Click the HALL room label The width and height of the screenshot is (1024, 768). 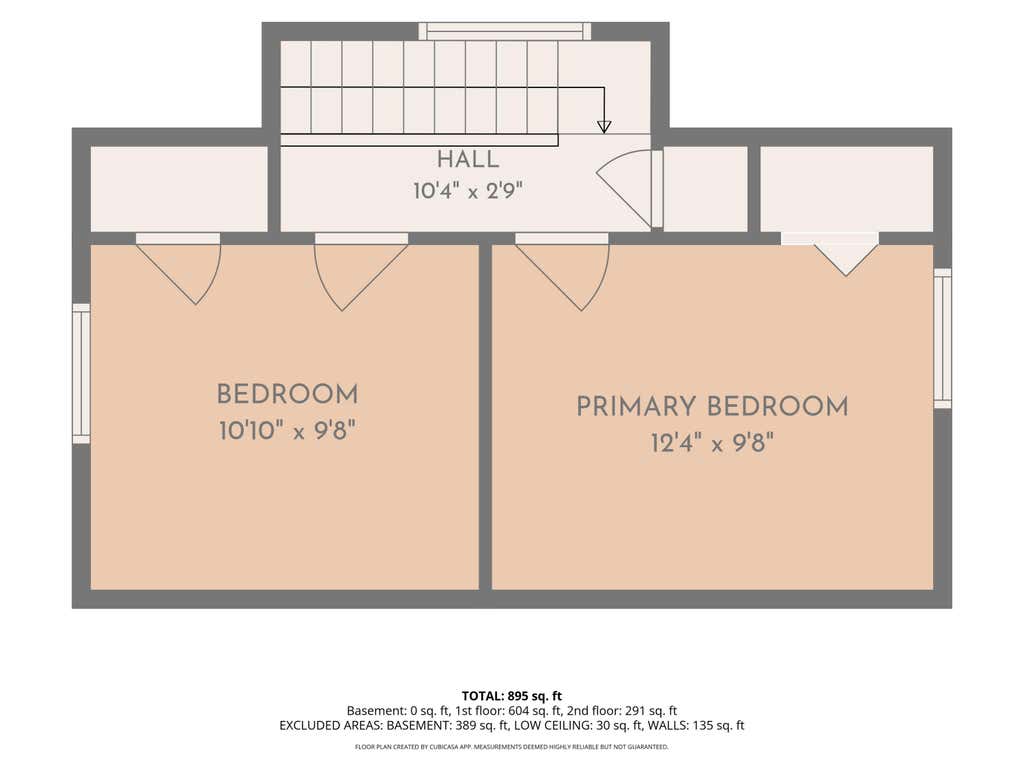coord(468,159)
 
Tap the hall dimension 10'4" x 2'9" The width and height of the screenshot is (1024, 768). coord(468,191)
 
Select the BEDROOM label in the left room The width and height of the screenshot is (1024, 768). coord(287,395)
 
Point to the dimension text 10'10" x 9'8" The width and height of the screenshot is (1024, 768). coord(287,431)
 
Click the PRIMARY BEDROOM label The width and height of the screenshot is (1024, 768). coord(712,407)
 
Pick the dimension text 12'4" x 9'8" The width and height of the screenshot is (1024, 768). coord(712,444)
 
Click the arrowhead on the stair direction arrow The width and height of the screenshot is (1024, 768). coord(604,127)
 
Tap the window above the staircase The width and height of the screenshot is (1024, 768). coord(504,31)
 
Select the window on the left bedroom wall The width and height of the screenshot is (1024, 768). coord(81,374)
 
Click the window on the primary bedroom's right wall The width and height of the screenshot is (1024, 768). coord(942,338)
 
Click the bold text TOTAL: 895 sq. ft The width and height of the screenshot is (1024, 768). coord(511,696)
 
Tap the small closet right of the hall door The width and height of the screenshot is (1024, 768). coord(705,189)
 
